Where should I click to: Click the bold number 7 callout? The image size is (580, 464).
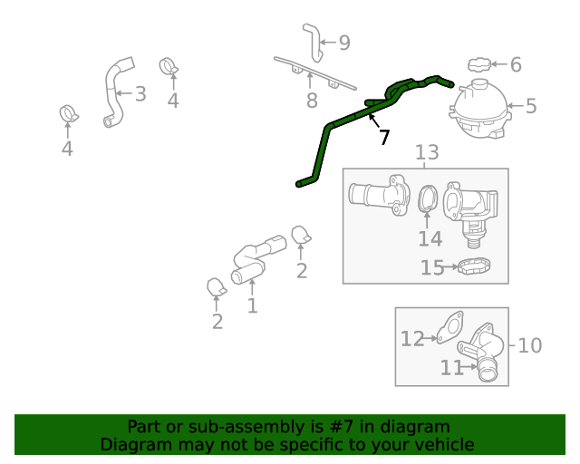384,137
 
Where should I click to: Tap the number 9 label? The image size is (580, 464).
344,43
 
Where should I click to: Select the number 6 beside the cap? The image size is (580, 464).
516,64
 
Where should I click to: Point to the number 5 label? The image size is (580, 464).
531,106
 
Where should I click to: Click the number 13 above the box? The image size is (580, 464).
427,152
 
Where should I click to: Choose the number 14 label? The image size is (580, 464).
430,238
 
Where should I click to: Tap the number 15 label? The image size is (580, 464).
432,267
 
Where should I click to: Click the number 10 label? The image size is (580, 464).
530,345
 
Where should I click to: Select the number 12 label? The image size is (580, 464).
412,339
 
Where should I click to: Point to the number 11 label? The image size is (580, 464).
452,367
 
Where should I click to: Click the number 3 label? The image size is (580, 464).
140,93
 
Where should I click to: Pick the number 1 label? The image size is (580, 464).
252,305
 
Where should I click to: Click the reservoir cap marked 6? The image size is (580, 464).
479,64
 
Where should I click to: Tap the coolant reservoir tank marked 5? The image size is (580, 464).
479,109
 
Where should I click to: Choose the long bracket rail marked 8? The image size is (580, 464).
314,73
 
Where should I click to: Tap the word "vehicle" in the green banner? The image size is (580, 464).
441,444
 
